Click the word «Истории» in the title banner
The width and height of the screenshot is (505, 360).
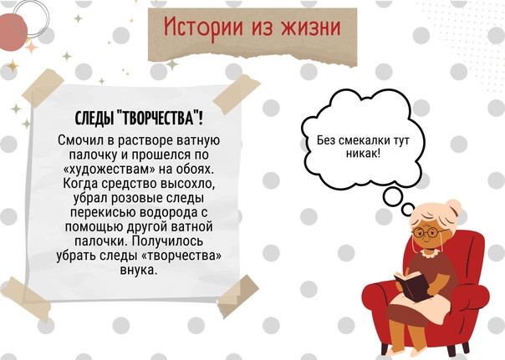(203, 27)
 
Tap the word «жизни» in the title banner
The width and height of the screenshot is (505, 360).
(311, 27)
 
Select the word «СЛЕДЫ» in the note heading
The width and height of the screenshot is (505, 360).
(94, 119)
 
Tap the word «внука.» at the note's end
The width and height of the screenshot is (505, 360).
(139, 270)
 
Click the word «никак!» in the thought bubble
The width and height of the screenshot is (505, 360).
(364, 153)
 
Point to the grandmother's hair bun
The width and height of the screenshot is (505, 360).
(453, 209)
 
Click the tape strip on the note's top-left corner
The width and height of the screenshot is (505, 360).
(43, 88)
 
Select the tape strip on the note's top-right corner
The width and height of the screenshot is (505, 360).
(237, 94)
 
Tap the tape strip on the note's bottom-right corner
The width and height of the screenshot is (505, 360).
(238, 296)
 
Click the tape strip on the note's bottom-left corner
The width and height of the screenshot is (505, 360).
(25, 299)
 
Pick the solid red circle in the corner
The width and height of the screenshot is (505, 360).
(12, 33)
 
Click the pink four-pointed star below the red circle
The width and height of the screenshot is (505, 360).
(31, 47)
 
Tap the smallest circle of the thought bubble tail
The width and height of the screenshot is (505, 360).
(408, 210)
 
